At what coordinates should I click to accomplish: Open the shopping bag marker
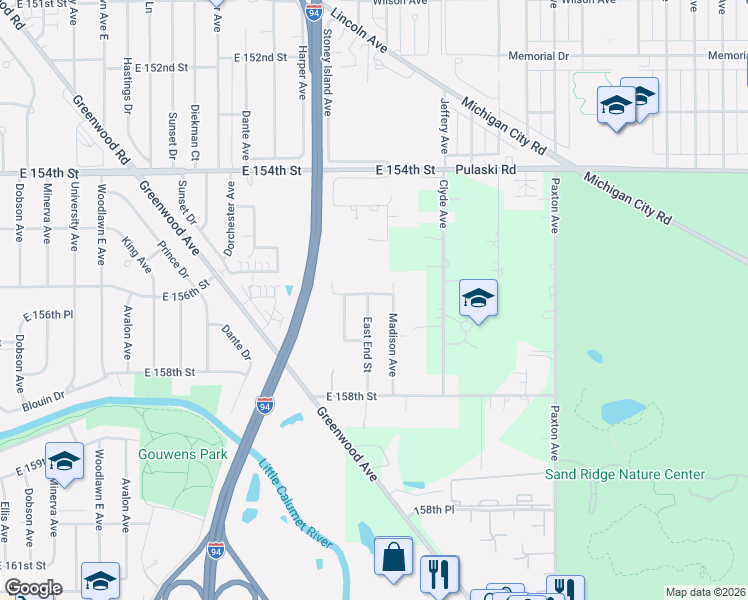click(x=394, y=556)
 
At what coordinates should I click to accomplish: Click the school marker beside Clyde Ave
click(x=478, y=298)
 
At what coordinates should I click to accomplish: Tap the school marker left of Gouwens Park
click(x=64, y=461)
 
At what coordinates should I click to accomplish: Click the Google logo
click(x=33, y=588)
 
